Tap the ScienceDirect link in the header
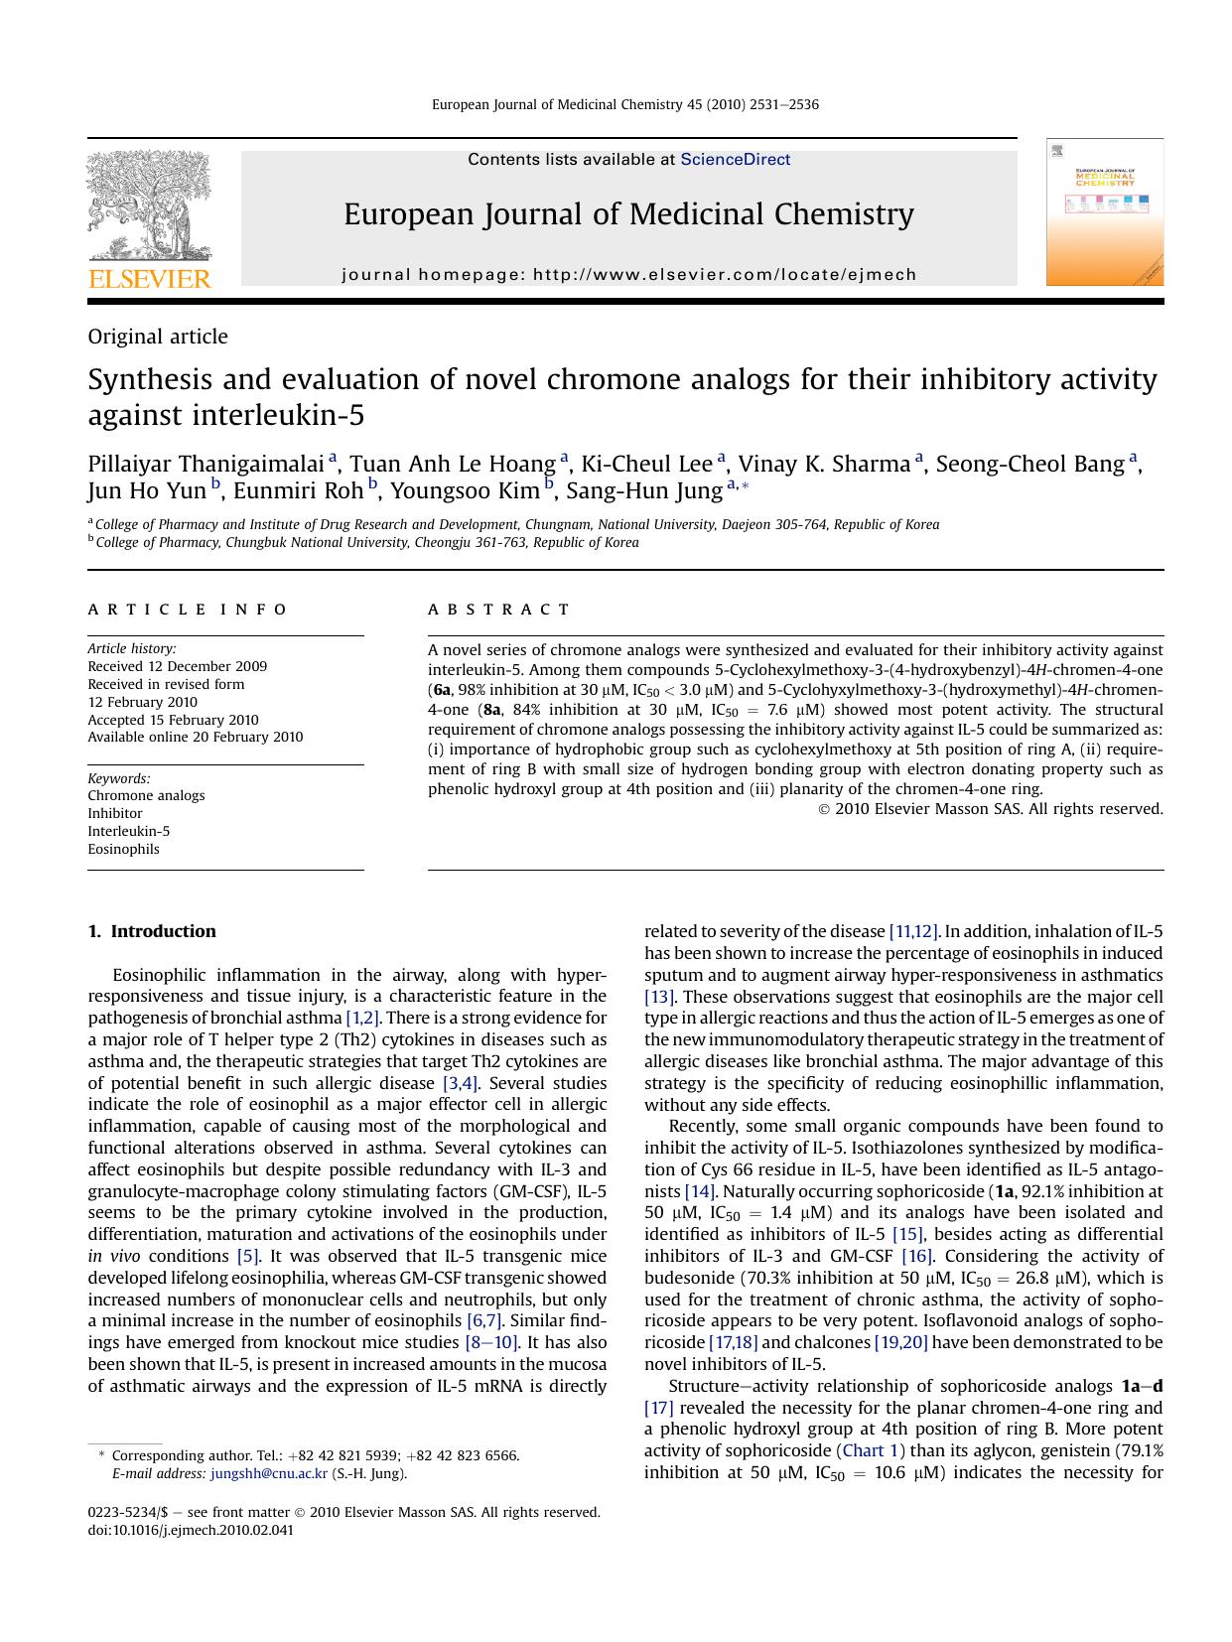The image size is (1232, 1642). point(735,159)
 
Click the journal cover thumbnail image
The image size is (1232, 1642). point(1104,211)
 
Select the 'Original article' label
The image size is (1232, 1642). point(158,337)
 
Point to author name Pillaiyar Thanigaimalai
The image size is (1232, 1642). point(206,464)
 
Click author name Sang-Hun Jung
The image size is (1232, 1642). point(644,490)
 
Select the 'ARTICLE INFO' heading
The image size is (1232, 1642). point(188,610)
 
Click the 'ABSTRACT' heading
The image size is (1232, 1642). point(499,610)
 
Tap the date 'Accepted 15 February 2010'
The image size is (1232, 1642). point(173,720)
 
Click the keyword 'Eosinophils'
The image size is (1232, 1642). point(123,849)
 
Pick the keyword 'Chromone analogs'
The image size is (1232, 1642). point(146,795)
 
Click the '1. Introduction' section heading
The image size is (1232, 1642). point(152,931)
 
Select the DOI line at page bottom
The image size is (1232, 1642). point(191,1530)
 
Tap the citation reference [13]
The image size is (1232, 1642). point(659,997)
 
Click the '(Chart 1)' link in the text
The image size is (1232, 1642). point(870,1450)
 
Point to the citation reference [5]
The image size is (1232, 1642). point(247,1256)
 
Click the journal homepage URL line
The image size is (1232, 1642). point(628,274)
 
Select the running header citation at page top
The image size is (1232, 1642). point(624,104)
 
